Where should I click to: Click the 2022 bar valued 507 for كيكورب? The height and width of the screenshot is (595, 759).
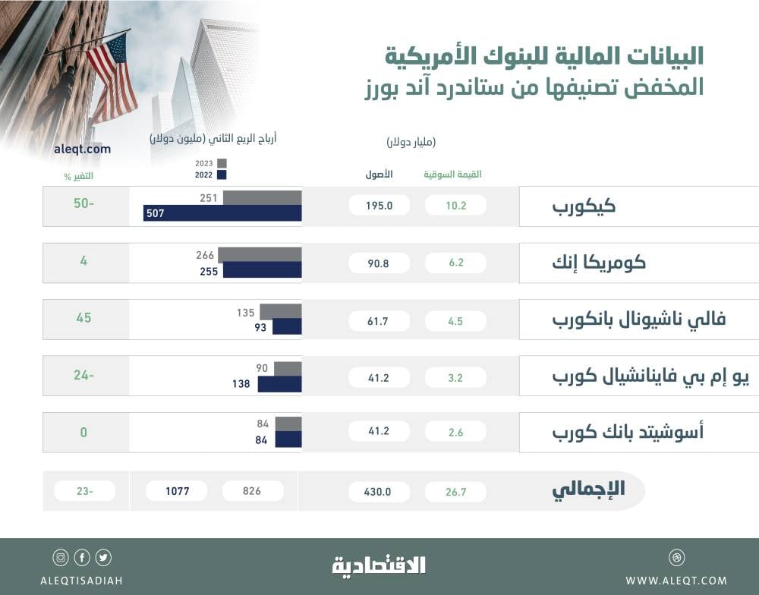(222, 213)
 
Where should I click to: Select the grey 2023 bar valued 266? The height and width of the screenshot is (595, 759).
(262, 255)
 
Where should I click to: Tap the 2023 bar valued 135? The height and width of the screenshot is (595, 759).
(280, 311)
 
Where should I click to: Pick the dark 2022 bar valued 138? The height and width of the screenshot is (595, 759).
(279, 384)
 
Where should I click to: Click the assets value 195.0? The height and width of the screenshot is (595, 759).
(379, 206)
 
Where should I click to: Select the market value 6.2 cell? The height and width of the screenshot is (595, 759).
(455, 263)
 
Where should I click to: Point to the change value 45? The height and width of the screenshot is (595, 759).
(83, 318)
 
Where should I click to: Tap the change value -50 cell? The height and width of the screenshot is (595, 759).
(83, 206)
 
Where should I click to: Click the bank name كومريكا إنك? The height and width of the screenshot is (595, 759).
(599, 263)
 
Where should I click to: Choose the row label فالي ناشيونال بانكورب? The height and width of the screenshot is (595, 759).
(638, 319)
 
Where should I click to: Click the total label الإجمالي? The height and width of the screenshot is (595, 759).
(588, 490)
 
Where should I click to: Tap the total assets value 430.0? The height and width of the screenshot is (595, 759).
(379, 492)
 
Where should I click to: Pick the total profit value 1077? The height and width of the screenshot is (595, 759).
(177, 491)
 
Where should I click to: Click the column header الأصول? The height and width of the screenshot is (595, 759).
(379, 175)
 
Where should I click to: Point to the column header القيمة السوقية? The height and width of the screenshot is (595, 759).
(452, 175)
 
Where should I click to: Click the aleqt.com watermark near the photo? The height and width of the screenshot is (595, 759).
(83, 149)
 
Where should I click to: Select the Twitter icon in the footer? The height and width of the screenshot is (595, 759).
(104, 558)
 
